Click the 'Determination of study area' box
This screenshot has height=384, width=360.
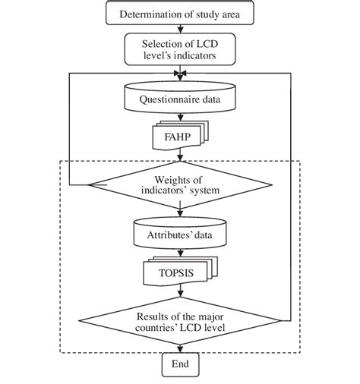pos(180,13)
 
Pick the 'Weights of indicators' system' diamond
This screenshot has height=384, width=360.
pos(180,184)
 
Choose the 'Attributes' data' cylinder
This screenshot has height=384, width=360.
pos(180,234)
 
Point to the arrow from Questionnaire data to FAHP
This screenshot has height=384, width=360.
pos(180,119)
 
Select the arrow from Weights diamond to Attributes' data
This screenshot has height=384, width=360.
pos(180,213)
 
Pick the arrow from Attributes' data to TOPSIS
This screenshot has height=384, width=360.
pos(180,253)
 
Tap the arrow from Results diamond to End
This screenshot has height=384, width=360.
pos(180,349)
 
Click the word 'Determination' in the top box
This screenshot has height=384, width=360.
pos(146,13)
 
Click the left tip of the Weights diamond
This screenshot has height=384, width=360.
pos(90,184)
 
